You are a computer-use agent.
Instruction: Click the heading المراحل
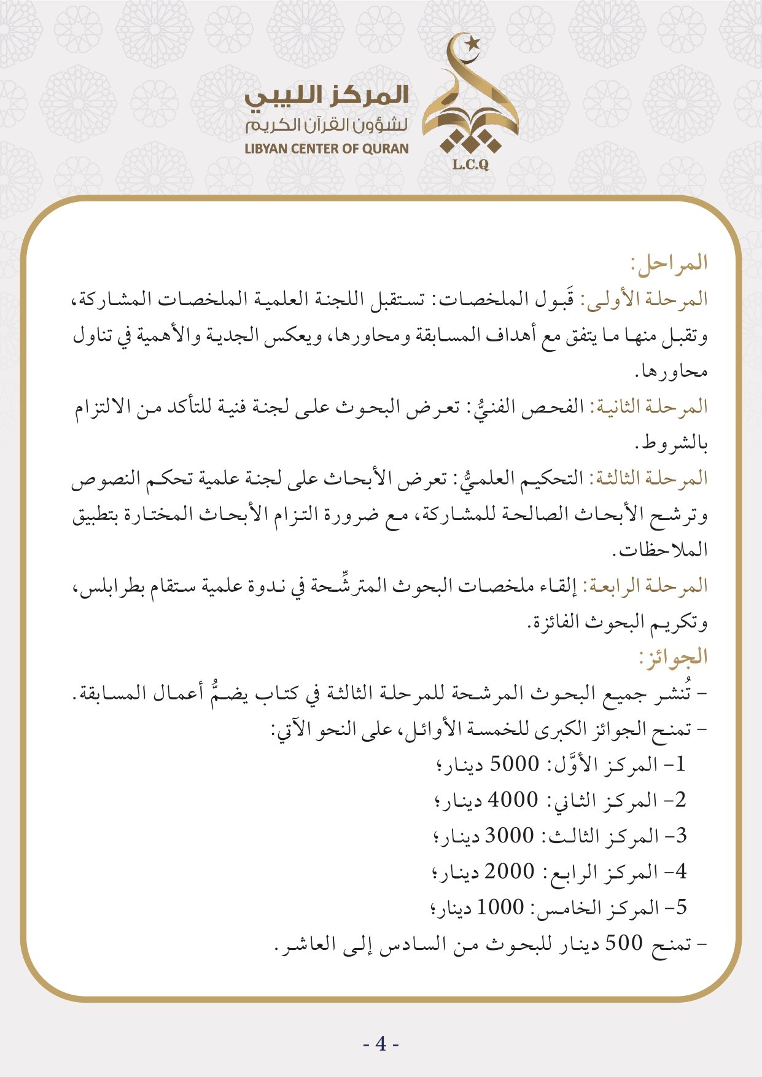point(670,263)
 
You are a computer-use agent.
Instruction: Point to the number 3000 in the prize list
point(510,836)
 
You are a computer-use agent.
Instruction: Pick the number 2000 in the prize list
point(510,871)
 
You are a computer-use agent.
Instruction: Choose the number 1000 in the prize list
point(500,907)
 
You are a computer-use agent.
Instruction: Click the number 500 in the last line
point(624,943)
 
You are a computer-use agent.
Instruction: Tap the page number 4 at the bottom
point(381,1043)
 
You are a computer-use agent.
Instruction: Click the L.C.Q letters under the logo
point(470,165)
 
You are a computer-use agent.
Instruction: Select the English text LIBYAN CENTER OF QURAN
point(327,149)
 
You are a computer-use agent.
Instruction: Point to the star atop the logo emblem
point(472,43)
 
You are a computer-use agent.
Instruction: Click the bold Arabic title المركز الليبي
point(327,96)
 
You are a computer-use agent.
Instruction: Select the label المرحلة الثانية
point(649,407)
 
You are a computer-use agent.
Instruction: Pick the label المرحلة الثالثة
point(649,478)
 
